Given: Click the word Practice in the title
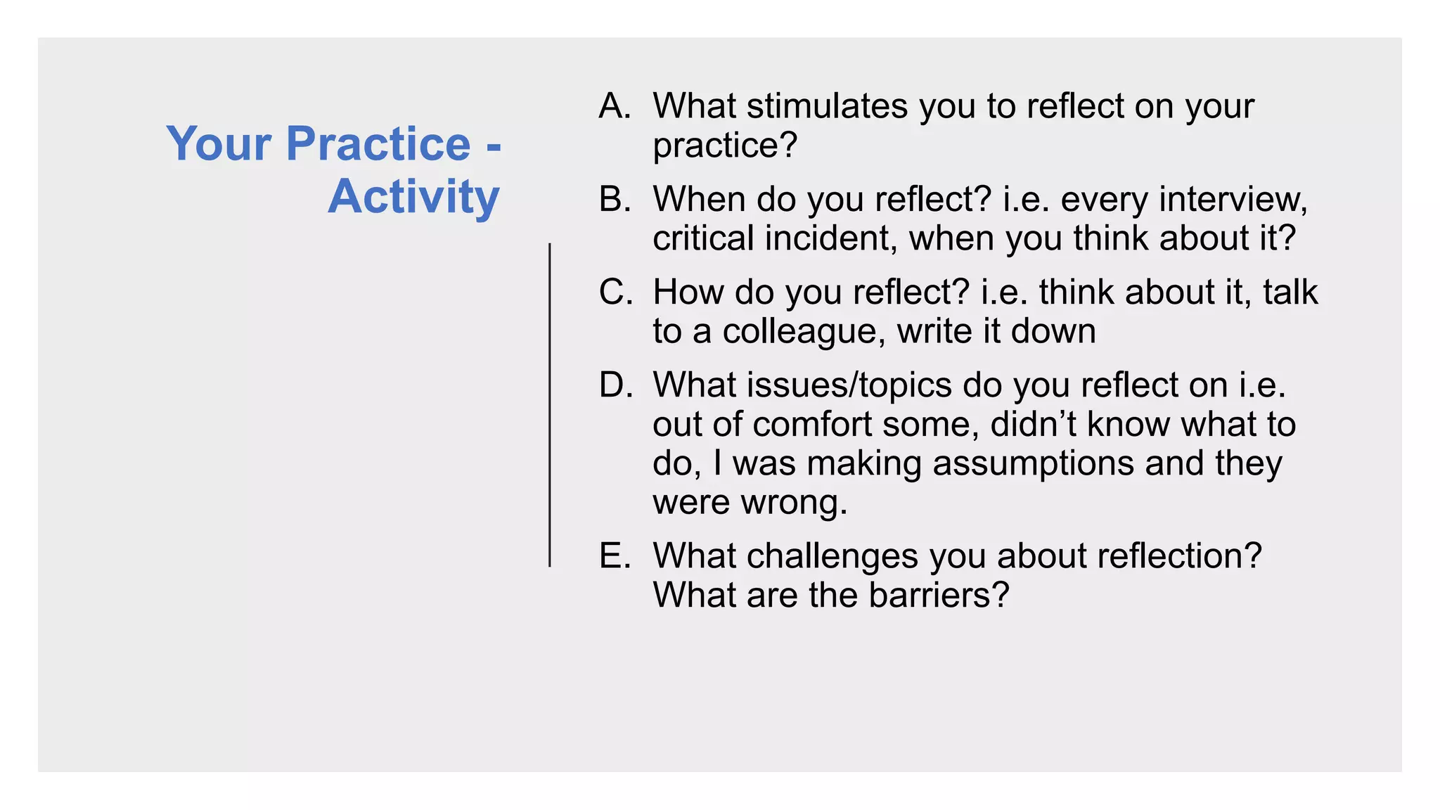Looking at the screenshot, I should point(378,144).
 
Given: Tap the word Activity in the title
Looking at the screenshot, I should point(413,197).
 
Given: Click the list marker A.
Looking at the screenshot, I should point(614,106).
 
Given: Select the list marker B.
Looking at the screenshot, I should point(614,199).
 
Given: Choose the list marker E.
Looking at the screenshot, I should point(614,555).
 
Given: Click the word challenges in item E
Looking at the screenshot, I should point(832,555).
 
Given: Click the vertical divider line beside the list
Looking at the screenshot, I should point(550,405).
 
